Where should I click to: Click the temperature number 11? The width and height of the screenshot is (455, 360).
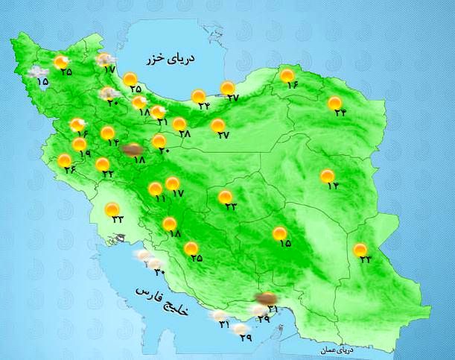159,199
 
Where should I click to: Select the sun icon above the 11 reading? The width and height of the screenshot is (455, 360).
156,189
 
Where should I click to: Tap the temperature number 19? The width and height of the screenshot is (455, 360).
83,154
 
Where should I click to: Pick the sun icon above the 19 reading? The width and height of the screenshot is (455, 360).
80,145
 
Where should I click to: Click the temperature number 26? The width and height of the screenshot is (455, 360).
71,170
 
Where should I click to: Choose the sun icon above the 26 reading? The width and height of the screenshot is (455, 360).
66,160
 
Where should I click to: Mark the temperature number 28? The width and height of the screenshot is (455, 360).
185,134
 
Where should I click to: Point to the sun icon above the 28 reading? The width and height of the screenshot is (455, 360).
179,124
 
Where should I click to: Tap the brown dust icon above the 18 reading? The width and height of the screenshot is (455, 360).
133,149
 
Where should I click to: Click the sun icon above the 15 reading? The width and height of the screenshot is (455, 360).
280,233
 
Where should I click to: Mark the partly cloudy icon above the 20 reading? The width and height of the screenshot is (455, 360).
110,93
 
